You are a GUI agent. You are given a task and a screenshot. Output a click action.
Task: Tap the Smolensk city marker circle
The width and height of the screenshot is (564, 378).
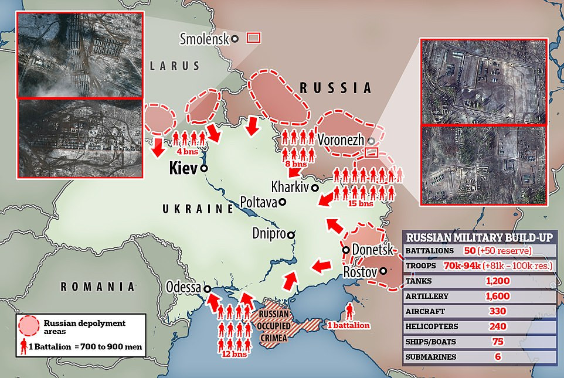(x=235, y=39)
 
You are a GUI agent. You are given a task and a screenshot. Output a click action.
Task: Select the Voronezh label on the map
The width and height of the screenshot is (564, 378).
(x=341, y=141)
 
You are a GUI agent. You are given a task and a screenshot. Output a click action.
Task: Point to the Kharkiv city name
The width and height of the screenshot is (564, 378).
(x=290, y=188)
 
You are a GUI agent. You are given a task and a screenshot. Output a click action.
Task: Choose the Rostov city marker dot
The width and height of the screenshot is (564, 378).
(x=383, y=271)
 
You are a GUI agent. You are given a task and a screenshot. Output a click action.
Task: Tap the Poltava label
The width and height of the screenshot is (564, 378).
(x=259, y=202)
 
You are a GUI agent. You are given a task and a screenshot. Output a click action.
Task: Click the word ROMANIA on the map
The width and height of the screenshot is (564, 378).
(x=96, y=287)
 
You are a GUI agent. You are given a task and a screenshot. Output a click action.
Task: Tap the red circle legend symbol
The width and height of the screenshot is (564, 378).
(x=30, y=325)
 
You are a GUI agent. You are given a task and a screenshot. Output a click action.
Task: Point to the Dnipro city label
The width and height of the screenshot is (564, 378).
(x=269, y=233)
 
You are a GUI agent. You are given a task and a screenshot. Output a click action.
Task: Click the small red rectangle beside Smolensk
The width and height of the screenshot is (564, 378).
(x=253, y=38)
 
